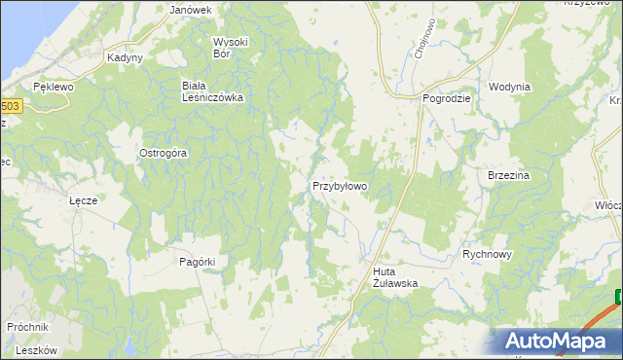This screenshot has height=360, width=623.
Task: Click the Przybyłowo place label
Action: [x=339, y=185]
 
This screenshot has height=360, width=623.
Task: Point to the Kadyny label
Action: [x=126, y=57]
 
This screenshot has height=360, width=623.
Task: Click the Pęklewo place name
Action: [x=53, y=87]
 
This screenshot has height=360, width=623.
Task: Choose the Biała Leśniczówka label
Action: [x=212, y=91]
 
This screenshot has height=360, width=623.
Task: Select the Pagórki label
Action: [x=197, y=261]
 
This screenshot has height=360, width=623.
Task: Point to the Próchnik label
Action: [x=26, y=328]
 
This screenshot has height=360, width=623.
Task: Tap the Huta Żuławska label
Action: [x=394, y=277]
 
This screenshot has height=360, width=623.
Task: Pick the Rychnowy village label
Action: [x=488, y=253]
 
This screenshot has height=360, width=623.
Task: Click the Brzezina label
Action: [x=507, y=175]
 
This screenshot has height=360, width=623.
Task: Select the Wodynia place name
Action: [x=509, y=87]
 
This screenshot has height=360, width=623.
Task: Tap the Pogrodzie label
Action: [x=447, y=98]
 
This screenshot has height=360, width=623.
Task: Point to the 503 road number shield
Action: [x=10, y=105]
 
